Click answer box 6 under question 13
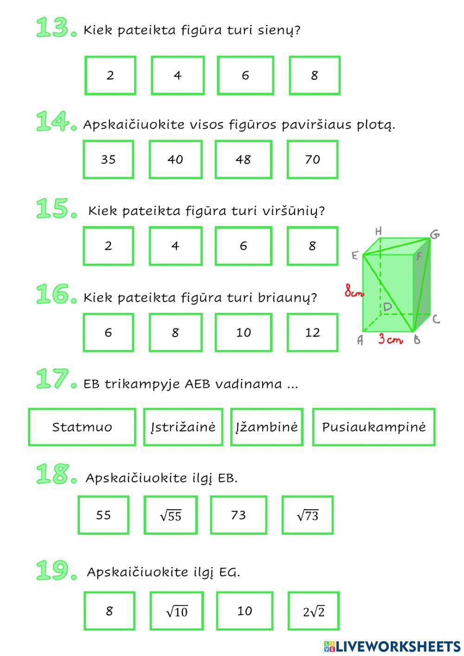pyautogui.click(x=245, y=75)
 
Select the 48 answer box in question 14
pyautogui.click(x=243, y=160)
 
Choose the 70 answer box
pyautogui.click(x=312, y=160)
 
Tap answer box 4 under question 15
pyautogui.click(x=175, y=246)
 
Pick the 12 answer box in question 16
pyautogui.click(x=312, y=332)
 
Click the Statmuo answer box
pyautogui.click(x=82, y=427)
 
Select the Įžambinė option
pyautogui.click(x=266, y=427)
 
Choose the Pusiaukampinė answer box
pyautogui.click(x=374, y=427)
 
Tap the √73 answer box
pyautogui.click(x=307, y=515)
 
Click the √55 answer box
pyautogui.click(x=170, y=515)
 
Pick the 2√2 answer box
pyautogui.click(x=313, y=611)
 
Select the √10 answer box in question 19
pyautogui.click(x=177, y=611)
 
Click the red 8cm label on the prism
pyautogui.click(x=354, y=292)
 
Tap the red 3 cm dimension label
pyautogui.click(x=390, y=339)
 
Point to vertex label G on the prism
pyautogui.click(x=435, y=234)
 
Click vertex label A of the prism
pyautogui.click(x=360, y=340)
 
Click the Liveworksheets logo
pyautogui.click(x=392, y=645)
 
